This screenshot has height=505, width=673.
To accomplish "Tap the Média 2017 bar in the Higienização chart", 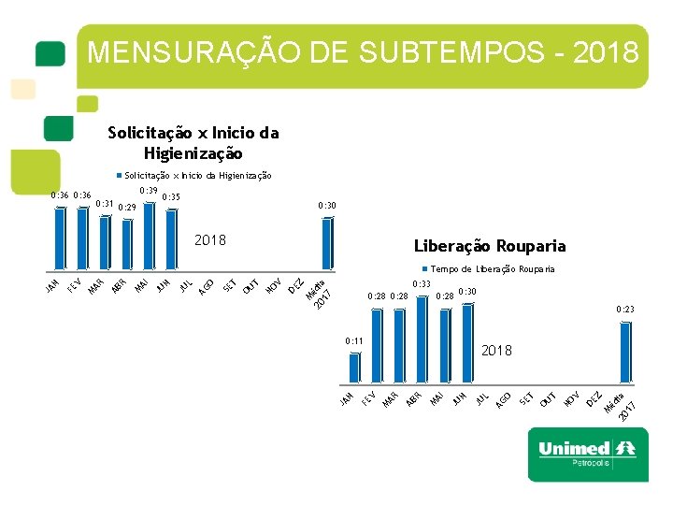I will (326, 243).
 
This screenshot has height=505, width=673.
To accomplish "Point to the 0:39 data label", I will (148, 190).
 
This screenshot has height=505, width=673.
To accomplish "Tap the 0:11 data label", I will (353, 341).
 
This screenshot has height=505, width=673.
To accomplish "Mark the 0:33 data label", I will (421, 283).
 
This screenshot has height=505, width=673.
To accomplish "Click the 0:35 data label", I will (171, 197).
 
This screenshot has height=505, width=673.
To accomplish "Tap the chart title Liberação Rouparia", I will (489, 247).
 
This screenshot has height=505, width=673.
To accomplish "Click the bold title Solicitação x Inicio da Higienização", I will (193, 143).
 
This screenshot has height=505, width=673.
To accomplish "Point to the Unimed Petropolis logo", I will (586, 454).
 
